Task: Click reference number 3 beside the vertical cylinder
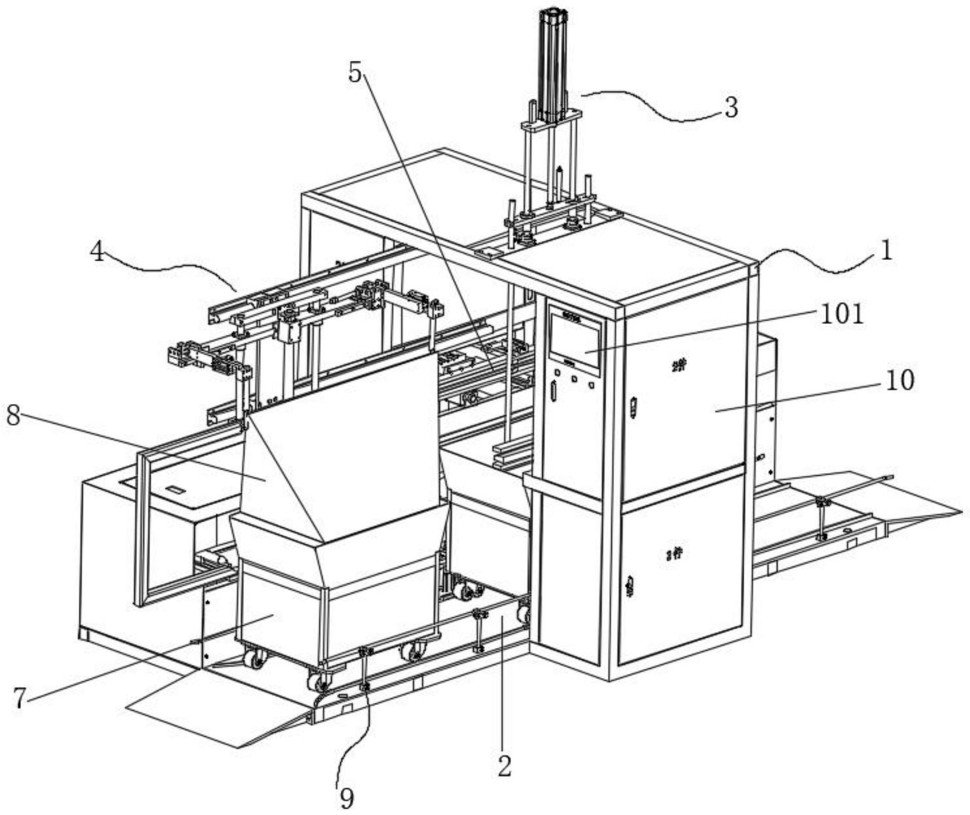[x=732, y=107]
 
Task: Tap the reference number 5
[x=355, y=73]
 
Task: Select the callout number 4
[x=97, y=251]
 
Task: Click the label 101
[x=842, y=315]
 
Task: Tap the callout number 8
[x=13, y=416]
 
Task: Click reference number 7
[x=19, y=698]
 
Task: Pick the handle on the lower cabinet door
[x=630, y=587]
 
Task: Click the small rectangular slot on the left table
[x=175, y=489]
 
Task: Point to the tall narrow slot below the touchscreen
[x=554, y=391]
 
